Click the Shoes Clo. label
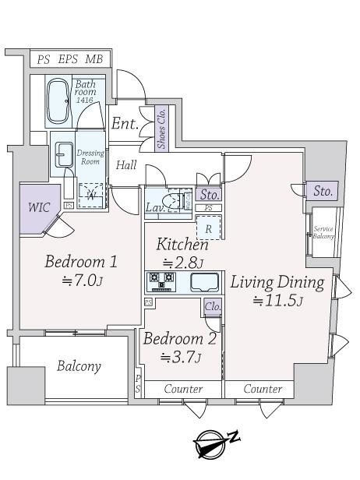[161, 126]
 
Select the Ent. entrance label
[125, 124]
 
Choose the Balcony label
[79, 366]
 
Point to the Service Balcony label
[323, 232]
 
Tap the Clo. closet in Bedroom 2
[212, 306]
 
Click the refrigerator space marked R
[209, 228]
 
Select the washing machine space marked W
[91, 194]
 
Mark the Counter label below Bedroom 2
[183, 388]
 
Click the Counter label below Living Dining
[263, 388]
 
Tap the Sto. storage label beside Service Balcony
[323, 190]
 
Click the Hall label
[126, 165]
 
